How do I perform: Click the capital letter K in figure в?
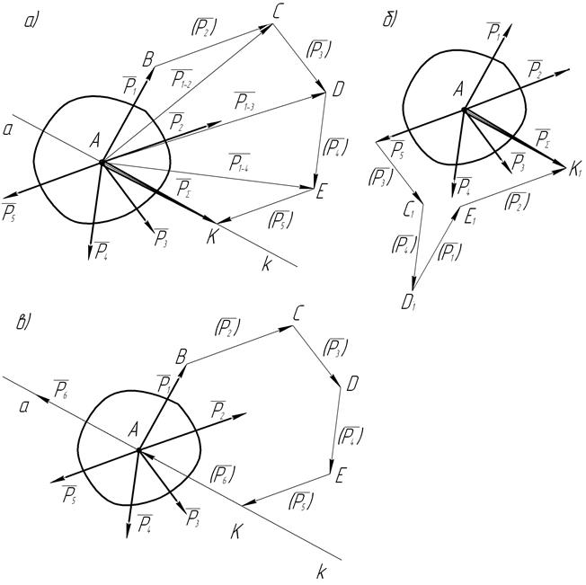[236, 530]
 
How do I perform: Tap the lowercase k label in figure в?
[320, 571]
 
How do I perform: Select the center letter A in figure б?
[457, 89]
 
